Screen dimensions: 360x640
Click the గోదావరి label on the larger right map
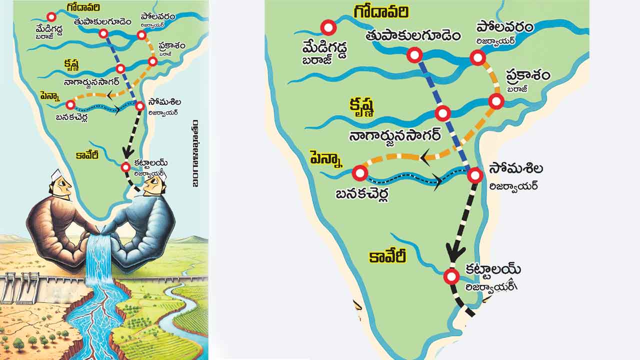coord(381,12)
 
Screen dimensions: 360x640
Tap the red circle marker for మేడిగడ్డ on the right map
coord(328,28)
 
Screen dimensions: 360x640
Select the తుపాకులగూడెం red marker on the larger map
coord(414,55)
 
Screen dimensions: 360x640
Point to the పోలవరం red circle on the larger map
coord(478,58)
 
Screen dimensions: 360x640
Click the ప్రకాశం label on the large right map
coord(527,76)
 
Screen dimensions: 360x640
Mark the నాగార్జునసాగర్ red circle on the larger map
coord(442,113)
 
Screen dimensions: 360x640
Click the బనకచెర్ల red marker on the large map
coord(359,173)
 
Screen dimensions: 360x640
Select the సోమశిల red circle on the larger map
coord(475,175)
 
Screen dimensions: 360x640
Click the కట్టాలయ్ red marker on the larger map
coord(451,276)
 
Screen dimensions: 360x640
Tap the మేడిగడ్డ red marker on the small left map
coord(51,17)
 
